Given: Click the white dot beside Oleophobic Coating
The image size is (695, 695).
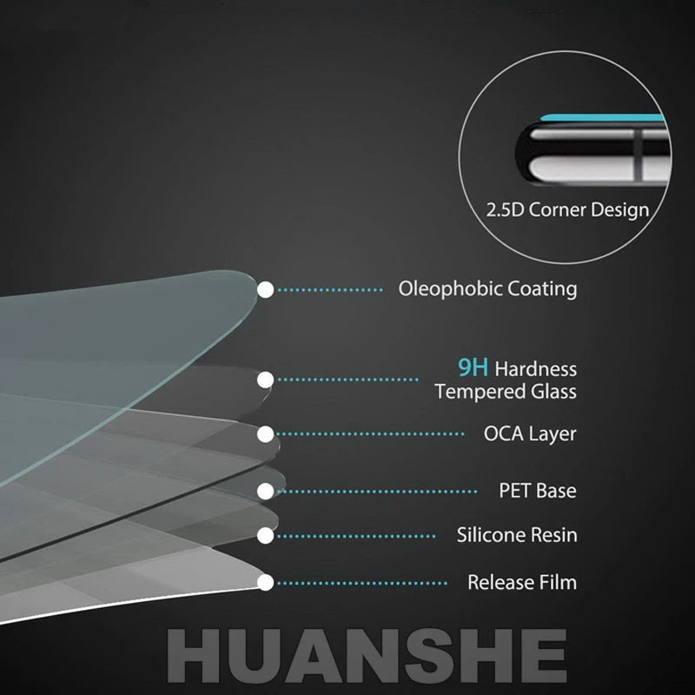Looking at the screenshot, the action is click(x=266, y=290).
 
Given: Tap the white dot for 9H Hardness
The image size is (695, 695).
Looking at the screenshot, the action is click(x=266, y=380).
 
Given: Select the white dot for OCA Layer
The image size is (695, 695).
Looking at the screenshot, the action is click(x=266, y=434).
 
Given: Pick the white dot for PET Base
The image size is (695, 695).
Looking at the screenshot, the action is click(x=266, y=491).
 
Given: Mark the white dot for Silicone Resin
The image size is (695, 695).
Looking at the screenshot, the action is click(x=266, y=535).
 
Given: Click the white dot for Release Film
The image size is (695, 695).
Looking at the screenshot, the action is click(x=266, y=582).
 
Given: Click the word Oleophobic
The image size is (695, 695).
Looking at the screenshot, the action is click(x=450, y=289).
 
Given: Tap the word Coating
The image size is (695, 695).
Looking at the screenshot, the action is click(x=542, y=289).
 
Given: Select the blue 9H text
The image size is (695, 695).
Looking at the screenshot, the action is click(x=473, y=367).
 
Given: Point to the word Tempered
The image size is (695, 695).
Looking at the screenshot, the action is click(x=480, y=392).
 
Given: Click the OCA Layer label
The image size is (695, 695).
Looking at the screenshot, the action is click(x=530, y=434).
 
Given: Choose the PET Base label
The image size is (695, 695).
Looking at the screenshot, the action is click(x=538, y=491).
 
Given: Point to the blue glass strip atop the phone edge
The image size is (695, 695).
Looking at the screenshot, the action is click(x=603, y=118).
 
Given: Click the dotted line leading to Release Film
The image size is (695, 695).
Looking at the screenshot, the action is click(x=362, y=583).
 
